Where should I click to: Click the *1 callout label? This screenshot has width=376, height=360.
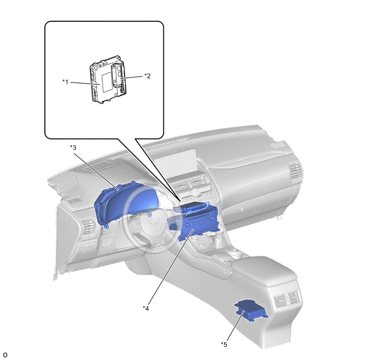click(x=65, y=82)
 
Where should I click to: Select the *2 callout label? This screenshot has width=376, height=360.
click(x=147, y=76)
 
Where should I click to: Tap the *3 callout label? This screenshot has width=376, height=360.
click(x=73, y=147)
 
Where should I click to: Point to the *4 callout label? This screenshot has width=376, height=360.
click(x=145, y=308)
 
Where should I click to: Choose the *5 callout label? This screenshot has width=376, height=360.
click(x=224, y=344)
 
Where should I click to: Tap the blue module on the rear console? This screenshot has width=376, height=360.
click(x=251, y=310)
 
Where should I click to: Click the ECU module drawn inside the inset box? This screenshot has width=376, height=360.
click(x=108, y=79)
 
